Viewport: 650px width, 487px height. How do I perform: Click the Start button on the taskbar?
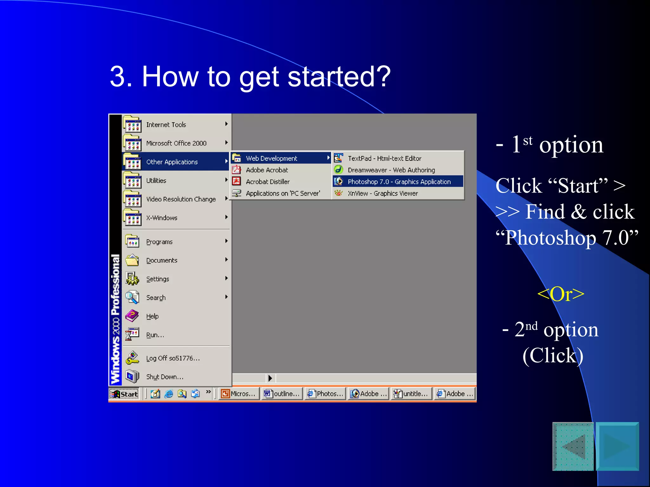[124, 394]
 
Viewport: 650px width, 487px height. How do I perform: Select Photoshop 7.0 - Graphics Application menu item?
[399, 182]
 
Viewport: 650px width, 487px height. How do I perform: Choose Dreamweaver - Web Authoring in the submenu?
[391, 170]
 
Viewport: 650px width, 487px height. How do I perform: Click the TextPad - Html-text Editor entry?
[384, 158]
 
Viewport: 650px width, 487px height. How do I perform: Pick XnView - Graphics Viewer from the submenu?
[382, 193]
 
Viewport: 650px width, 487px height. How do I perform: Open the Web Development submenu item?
[271, 158]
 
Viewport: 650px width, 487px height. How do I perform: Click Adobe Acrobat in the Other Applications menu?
[267, 170]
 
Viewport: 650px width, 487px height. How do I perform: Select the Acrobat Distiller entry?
[268, 182]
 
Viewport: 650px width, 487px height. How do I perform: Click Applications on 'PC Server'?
[282, 193]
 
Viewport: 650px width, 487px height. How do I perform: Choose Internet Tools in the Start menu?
[166, 125]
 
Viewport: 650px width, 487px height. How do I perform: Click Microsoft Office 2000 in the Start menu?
[176, 143]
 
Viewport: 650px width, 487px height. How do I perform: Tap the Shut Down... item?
[164, 377]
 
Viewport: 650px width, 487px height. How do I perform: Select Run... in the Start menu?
[155, 335]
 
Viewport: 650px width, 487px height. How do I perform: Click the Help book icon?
[132, 316]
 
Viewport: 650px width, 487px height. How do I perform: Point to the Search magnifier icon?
[132, 297]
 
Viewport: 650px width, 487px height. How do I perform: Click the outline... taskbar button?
[282, 394]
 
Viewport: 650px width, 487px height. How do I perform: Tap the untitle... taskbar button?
[412, 394]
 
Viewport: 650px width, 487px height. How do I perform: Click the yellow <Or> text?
[560, 294]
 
